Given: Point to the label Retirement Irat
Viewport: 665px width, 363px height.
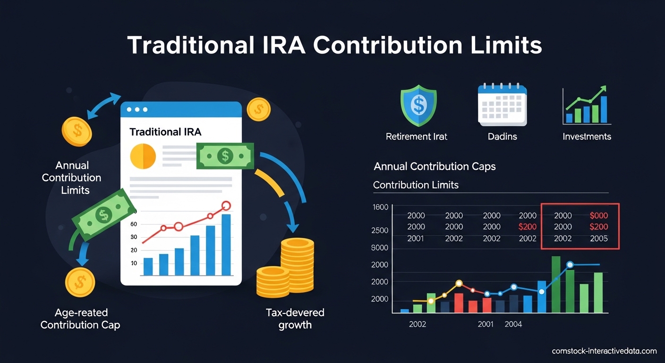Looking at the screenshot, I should tap(416, 137).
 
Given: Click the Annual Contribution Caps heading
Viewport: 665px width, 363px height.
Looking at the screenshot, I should tap(435, 166).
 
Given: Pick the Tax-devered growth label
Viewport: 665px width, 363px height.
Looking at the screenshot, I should tap(295, 319).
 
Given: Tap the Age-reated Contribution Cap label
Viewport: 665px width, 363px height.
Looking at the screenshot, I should tap(80, 319).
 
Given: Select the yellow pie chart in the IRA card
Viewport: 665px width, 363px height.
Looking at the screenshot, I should tap(143, 156).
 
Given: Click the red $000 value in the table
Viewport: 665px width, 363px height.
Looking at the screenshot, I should tap(599, 216).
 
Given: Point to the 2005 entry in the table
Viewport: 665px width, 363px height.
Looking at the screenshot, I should tap(599, 239).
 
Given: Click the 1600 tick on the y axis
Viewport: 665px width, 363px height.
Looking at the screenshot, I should tap(380, 207).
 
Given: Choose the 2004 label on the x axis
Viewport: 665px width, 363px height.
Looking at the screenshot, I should tap(513, 324).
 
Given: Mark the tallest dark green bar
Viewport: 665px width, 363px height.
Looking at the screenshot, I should tap(556, 285).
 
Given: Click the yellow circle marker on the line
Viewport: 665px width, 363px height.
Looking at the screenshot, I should tap(459, 284).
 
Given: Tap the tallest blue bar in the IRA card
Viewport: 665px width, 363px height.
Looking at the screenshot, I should tap(226, 245).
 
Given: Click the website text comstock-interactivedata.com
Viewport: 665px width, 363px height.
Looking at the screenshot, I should tap(604, 351).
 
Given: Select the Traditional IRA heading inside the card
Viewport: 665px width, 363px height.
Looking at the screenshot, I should tap(165, 132).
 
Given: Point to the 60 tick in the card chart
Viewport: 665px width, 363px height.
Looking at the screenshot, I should tap(134, 224).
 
